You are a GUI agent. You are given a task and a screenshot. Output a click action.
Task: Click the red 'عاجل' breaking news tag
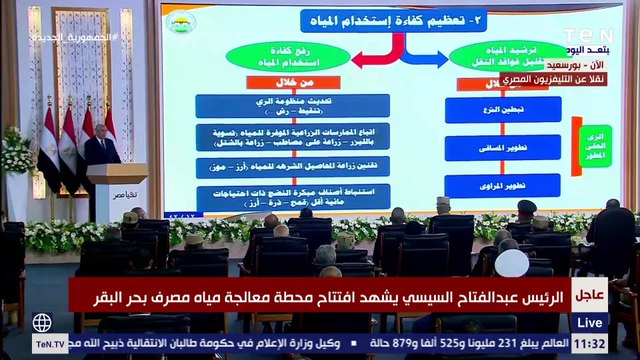click(x=588, y=294)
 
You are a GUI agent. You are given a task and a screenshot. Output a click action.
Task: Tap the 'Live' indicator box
click(x=591, y=322)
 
